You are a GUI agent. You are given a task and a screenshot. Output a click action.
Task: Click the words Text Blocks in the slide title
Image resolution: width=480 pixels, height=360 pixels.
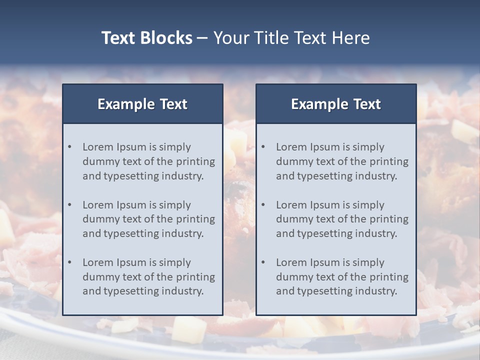coord(146,38)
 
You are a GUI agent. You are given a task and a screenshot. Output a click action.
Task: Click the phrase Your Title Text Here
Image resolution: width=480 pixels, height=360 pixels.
coord(291,38)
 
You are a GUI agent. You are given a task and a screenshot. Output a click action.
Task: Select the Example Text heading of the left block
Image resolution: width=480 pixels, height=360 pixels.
coord(142,104)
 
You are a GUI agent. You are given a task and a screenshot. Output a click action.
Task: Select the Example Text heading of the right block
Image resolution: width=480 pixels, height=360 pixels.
coord(336,104)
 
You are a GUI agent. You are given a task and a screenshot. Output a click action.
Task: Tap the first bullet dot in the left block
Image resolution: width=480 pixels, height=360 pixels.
coord(69,147)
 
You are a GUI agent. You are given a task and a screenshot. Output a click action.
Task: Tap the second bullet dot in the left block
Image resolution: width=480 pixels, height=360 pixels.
coord(69,205)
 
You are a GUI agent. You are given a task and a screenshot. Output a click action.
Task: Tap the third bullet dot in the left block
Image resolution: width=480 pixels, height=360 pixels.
coord(69,262)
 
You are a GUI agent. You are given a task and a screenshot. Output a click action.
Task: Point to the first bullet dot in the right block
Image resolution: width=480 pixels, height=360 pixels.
coord(263,147)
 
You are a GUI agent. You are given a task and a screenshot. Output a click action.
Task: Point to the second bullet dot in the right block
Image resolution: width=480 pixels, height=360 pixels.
coord(263,205)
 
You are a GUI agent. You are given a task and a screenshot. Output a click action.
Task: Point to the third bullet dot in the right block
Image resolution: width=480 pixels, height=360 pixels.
coord(263,262)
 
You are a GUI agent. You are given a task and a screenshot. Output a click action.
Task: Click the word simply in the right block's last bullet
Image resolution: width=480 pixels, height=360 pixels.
coord(368,262)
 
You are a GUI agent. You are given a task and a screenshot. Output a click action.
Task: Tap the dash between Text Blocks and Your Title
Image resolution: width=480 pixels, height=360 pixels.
coord(202,38)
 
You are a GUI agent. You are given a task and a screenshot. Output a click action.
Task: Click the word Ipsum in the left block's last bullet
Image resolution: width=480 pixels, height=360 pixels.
coord(130,262)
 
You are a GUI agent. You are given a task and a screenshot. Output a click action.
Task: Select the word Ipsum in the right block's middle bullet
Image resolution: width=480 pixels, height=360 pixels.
coord(324,205)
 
